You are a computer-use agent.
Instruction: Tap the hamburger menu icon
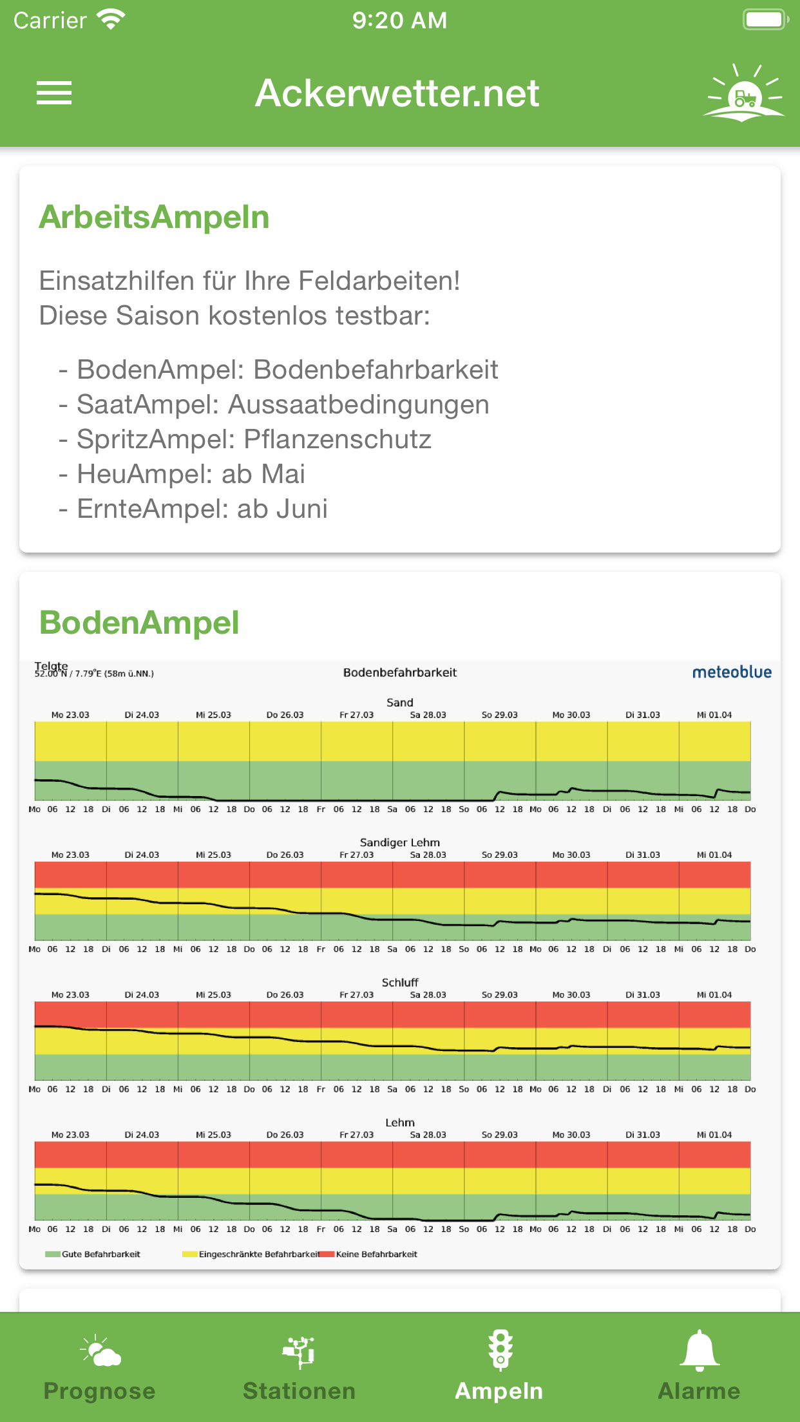pyautogui.click(x=54, y=93)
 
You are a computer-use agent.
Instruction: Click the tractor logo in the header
pyautogui.click(x=744, y=94)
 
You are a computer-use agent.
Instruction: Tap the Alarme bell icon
pyautogui.click(x=699, y=1351)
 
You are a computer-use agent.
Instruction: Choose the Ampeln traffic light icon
pyautogui.click(x=500, y=1351)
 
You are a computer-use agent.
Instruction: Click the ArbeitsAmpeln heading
pyautogui.click(x=154, y=217)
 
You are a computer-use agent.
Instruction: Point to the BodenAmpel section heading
pyautogui.click(x=139, y=623)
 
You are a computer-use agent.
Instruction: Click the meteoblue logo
pyautogui.click(x=732, y=672)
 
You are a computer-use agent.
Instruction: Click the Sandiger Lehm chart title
pyautogui.click(x=399, y=842)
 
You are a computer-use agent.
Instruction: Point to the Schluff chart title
pyautogui.click(x=399, y=982)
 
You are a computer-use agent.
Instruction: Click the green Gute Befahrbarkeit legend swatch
pyautogui.click(x=52, y=1254)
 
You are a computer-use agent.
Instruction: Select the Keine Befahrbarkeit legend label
pyautogui.click(x=377, y=1254)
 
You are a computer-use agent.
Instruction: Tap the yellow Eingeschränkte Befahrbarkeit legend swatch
pyautogui.click(x=189, y=1254)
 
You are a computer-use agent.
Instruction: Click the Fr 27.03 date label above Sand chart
pyautogui.click(x=356, y=715)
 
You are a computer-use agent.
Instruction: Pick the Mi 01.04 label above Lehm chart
pyautogui.click(x=714, y=1135)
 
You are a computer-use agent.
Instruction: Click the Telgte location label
pyautogui.click(x=51, y=665)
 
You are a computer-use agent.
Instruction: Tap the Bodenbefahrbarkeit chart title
pyautogui.click(x=399, y=672)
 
